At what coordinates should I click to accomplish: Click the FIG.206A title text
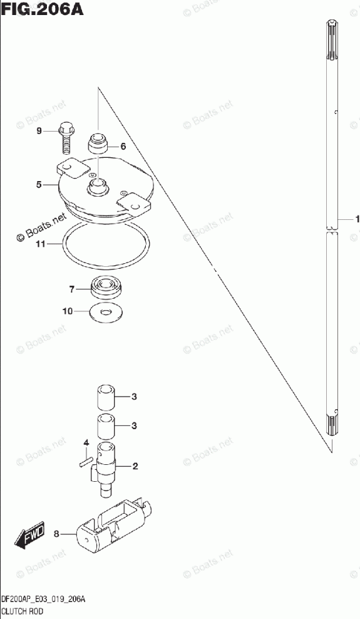coord(42,9)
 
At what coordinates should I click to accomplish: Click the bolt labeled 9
coord(66,138)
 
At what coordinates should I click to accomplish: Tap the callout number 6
coord(123,147)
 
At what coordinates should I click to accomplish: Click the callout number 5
coord(39,184)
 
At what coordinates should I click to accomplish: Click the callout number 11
coord(41,244)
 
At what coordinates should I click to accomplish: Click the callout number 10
coord(68,311)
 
